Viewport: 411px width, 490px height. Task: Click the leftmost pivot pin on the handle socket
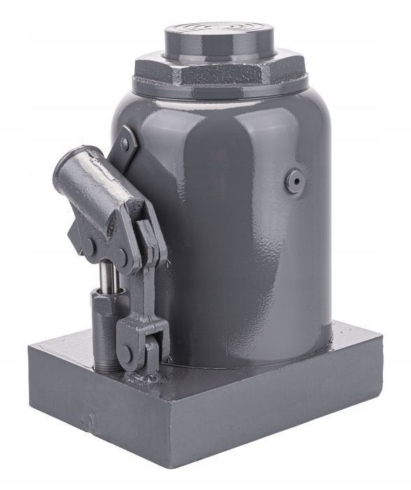tap(90, 246)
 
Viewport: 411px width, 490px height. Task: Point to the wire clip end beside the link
tap(169, 262)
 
